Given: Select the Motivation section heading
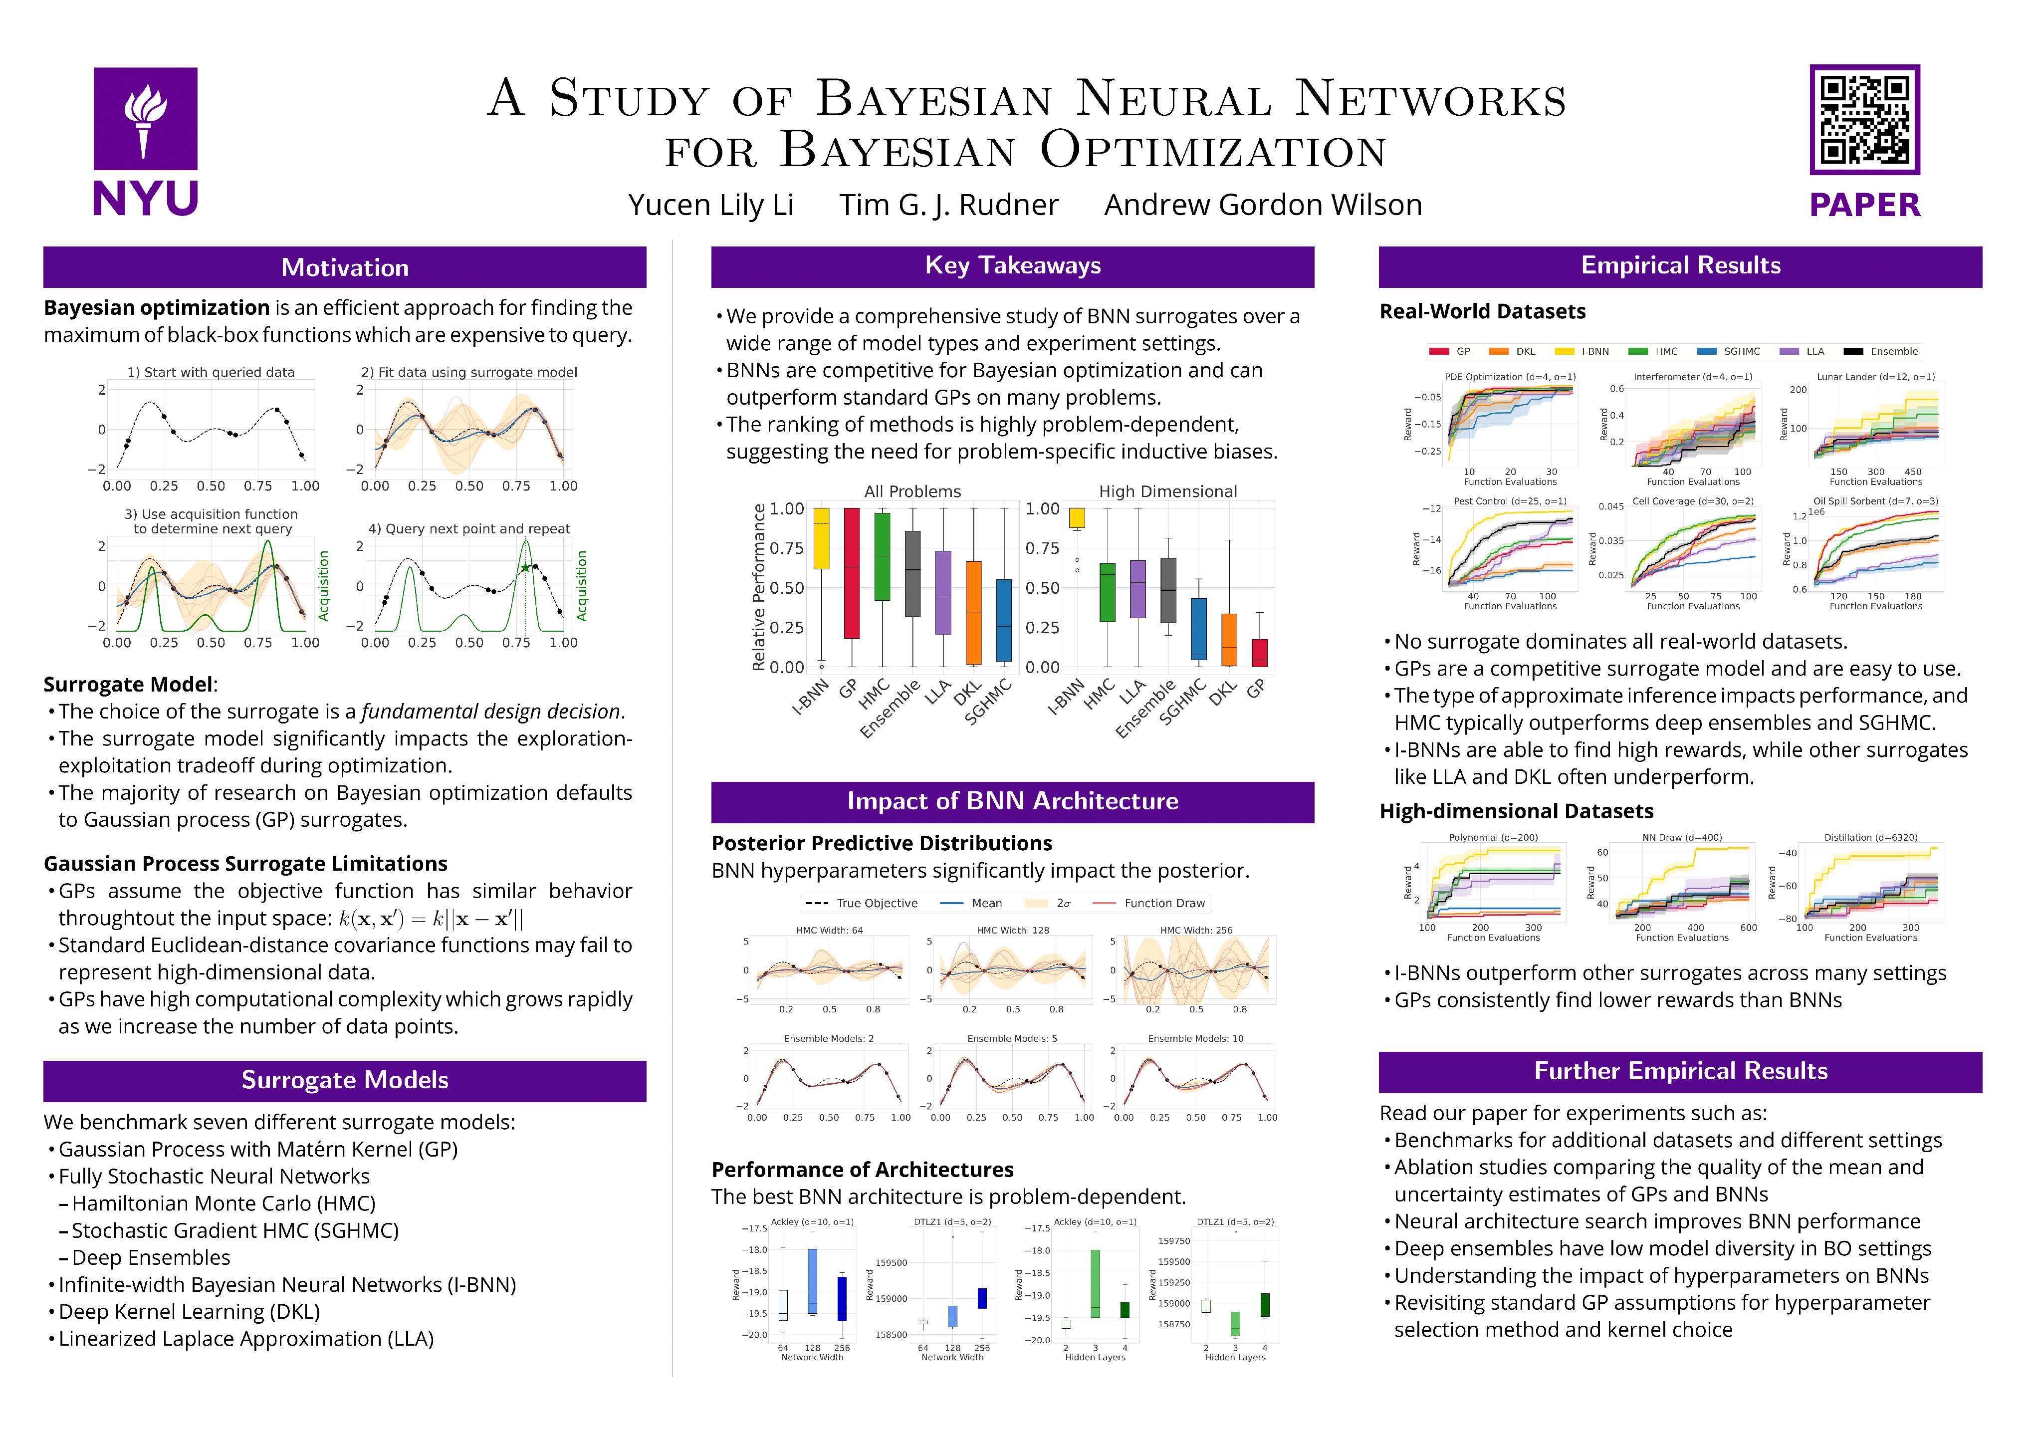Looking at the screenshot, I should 344,267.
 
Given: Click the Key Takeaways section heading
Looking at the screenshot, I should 1012,265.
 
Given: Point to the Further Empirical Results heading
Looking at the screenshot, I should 1680,1071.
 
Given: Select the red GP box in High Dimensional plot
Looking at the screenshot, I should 1259,653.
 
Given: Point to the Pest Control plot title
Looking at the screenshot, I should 1510,501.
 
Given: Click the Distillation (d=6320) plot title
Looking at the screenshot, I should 1870,838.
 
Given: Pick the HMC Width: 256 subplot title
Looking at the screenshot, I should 1195,931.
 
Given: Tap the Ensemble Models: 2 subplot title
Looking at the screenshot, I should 828,1038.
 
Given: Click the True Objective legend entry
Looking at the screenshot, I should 876,903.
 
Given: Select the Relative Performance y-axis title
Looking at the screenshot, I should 758,587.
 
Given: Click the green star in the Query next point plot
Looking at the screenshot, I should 525,567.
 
